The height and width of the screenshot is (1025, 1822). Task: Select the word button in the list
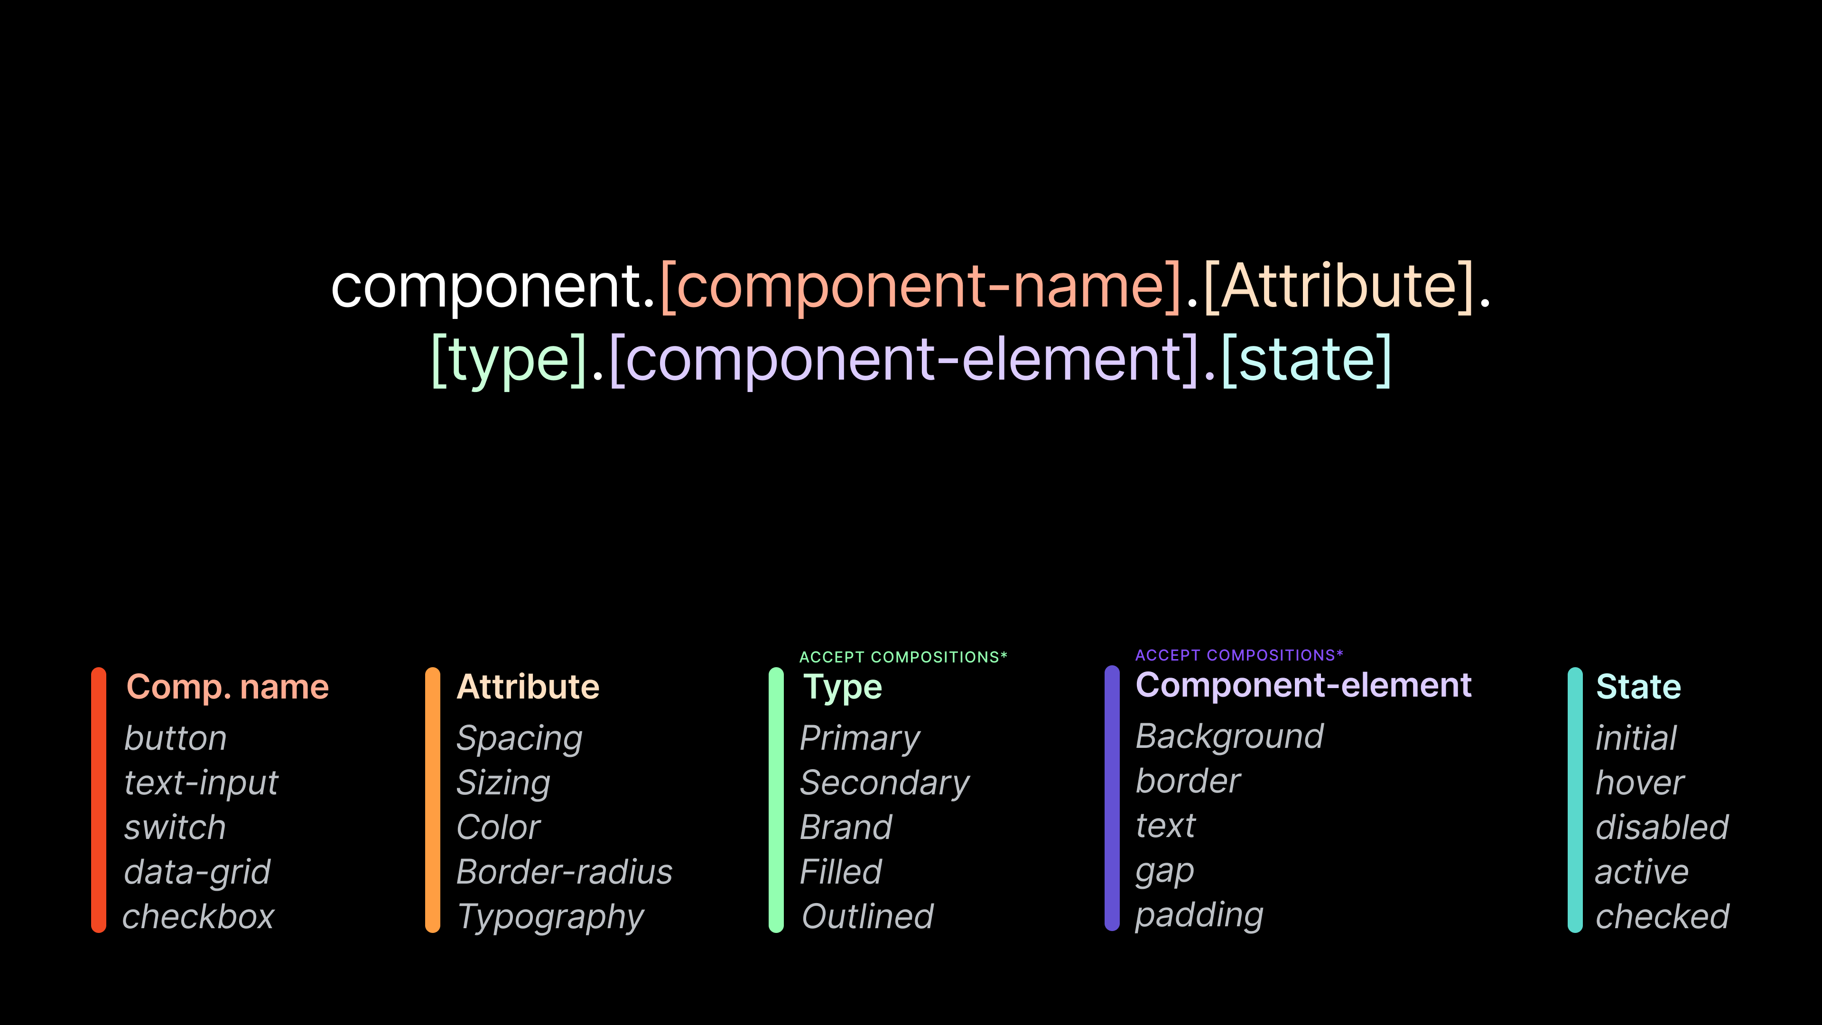point(176,738)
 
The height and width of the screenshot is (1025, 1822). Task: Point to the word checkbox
point(198,917)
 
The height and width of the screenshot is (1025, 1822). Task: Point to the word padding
point(1199,916)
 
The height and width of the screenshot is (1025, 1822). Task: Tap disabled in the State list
point(1662,827)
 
